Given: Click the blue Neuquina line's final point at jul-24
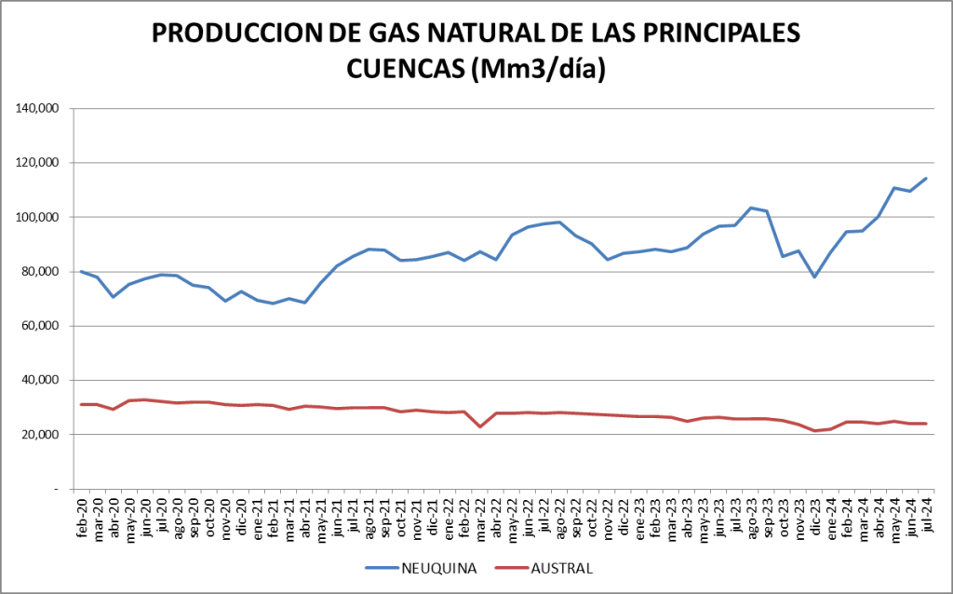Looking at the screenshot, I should click(926, 178).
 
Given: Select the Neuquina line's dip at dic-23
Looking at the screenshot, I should click(814, 277).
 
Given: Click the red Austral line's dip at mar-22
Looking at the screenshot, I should click(480, 426).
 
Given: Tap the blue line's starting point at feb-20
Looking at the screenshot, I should click(82, 271).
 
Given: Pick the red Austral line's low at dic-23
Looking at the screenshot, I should click(814, 430).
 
